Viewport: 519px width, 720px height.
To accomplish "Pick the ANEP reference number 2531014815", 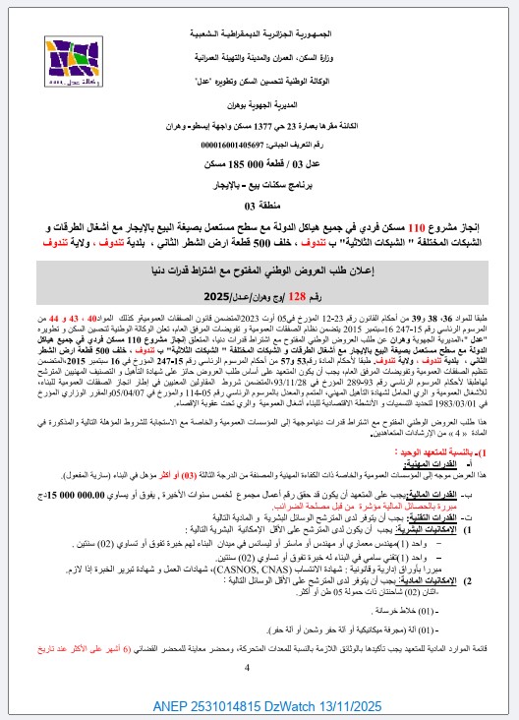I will pyautogui.click(x=231, y=705).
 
